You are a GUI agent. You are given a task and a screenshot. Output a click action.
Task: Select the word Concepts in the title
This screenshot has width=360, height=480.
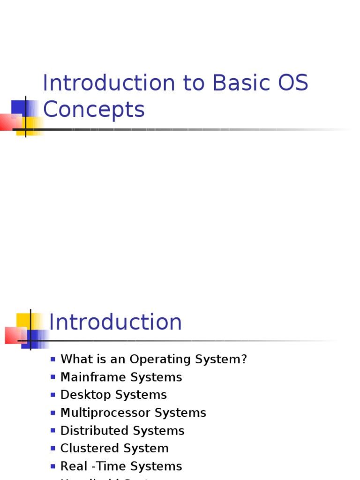94,110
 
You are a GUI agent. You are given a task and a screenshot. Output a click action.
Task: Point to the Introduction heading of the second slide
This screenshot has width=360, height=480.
115,322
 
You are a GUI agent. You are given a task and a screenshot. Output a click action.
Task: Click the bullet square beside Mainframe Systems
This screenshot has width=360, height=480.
53,377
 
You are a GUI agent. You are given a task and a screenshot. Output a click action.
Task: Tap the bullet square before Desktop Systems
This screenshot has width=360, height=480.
53,395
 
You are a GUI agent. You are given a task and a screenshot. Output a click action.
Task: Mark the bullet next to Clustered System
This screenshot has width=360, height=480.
53,449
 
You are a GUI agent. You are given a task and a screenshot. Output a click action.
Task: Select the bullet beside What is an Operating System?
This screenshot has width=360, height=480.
53,360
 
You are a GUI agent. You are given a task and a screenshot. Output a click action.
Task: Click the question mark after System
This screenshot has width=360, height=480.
244,360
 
